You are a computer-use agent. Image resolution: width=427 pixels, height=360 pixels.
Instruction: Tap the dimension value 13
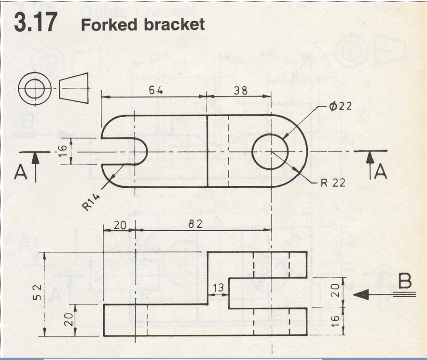point(218,288)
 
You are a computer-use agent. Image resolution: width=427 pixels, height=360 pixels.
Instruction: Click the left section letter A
point(21,172)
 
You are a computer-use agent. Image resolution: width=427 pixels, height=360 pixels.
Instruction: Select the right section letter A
point(381,171)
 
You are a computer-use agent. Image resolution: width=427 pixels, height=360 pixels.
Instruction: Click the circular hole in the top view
point(270,152)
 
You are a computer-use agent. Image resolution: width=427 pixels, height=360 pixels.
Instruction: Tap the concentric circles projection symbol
point(35,88)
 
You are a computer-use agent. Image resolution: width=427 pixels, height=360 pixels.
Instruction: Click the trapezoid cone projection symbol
point(74,88)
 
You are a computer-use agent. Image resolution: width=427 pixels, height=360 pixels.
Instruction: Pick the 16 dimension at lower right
point(336,321)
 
